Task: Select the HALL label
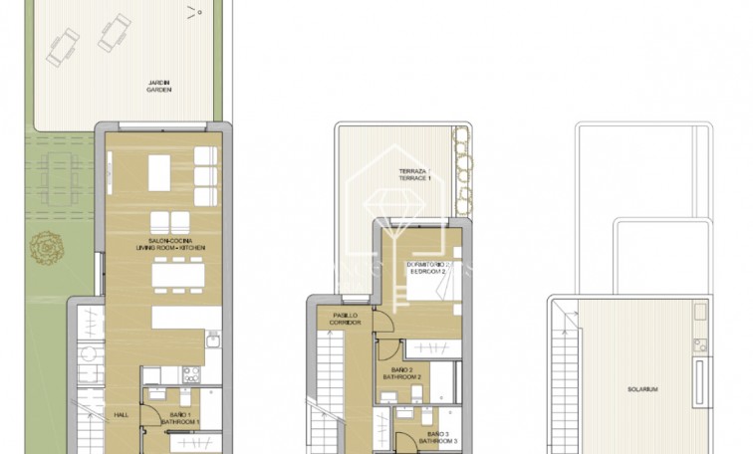pyautogui.click(x=120, y=415)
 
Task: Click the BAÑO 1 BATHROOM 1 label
pyautogui.click(x=183, y=418)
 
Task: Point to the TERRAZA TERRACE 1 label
pyautogui.click(x=413, y=175)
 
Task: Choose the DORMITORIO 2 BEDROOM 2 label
pyautogui.click(x=430, y=269)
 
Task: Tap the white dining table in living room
pyautogui.click(x=175, y=271)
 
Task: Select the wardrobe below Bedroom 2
pyautogui.click(x=429, y=348)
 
